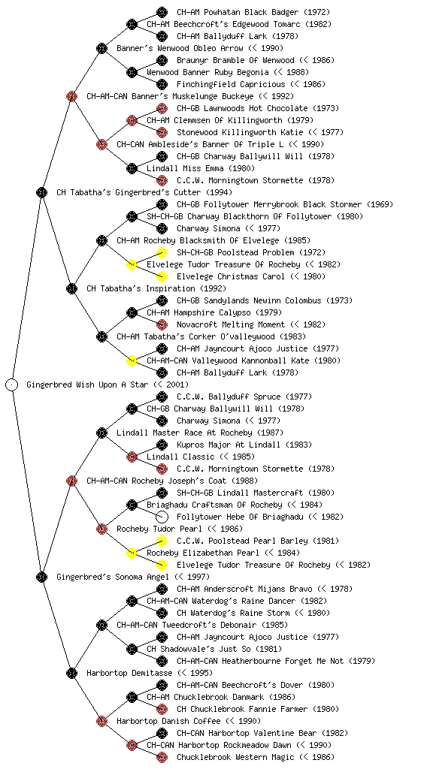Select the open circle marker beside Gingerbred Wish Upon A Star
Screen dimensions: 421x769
point(12,384)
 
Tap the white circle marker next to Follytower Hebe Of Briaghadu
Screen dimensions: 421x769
point(162,517)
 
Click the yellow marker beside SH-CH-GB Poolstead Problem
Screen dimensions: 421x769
point(162,252)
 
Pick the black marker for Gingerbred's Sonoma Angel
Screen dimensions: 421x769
point(41,577)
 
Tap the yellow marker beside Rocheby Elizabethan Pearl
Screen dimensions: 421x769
point(132,553)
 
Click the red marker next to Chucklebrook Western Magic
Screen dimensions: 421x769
point(162,757)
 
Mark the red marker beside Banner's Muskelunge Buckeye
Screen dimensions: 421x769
point(71,96)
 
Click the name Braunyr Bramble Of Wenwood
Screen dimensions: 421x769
point(235,60)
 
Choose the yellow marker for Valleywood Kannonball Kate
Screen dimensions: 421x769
point(132,360)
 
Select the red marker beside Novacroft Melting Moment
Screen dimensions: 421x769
point(162,324)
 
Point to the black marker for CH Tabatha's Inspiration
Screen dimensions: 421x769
point(71,288)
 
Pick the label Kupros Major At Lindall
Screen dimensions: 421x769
point(229,445)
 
